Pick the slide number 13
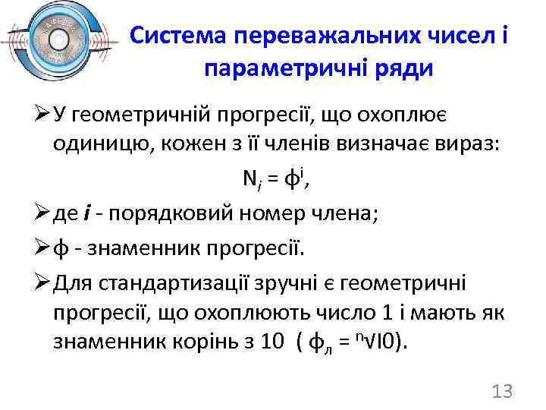[x=502, y=391]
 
